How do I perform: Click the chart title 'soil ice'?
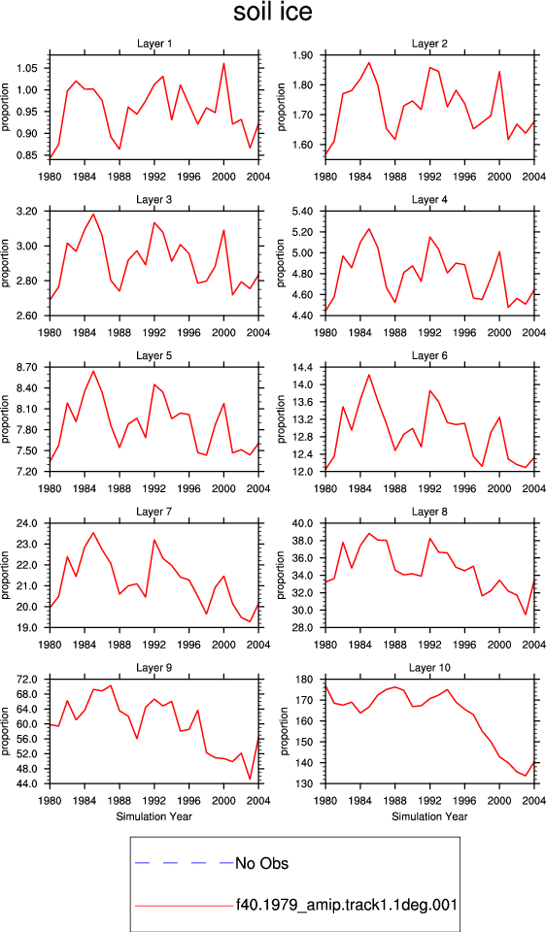272,13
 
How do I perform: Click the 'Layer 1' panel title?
154,44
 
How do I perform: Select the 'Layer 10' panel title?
429,668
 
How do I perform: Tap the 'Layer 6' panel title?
429,355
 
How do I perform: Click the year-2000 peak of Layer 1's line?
223,63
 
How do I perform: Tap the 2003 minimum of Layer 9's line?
250,779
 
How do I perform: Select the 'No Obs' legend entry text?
261,862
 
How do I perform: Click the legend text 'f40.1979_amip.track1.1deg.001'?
346,905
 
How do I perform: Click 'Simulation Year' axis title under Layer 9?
154,816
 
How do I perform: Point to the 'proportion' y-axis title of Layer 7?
6,575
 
